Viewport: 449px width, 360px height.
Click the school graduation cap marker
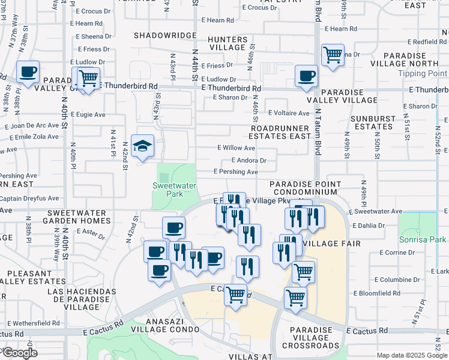[142, 146]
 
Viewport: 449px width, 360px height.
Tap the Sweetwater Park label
[175, 190]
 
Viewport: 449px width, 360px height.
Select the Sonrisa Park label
[422, 239]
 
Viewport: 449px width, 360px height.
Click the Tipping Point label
[423, 74]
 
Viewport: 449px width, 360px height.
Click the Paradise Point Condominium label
[306, 188]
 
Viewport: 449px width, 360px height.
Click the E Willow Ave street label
[236, 148]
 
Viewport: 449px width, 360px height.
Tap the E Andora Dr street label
[249, 160]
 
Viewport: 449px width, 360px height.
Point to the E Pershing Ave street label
[236, 172]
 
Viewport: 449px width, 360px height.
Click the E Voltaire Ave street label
[289, 113]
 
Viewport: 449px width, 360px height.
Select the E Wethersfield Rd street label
[30, 323]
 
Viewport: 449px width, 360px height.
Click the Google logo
[19, 353]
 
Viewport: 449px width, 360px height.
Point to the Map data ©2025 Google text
[411, 355]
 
